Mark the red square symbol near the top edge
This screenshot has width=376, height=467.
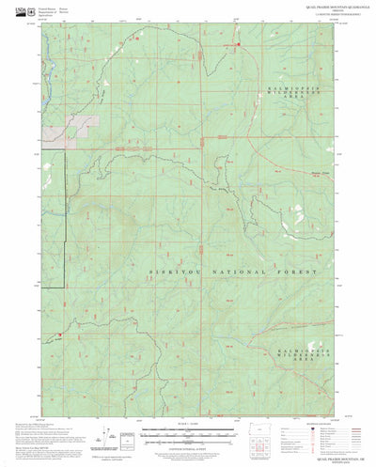(x=238, y=44)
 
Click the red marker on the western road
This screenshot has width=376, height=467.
(x=59, y=333)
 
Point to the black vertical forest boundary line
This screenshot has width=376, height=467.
(x=64, y=244)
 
